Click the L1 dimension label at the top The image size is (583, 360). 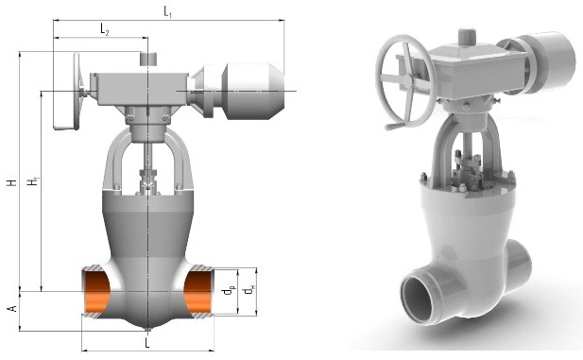click(167, 12)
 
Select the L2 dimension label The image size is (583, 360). click(105, 29)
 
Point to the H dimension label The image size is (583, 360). click(13, 182)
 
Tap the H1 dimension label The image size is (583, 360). click(33, 181)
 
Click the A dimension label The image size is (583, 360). click(13, 308)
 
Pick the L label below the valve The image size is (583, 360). click(147, 343)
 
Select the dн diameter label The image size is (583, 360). click(249, 290)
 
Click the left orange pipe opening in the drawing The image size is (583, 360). click(96, 292)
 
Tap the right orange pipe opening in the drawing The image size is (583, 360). click(197, 292)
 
